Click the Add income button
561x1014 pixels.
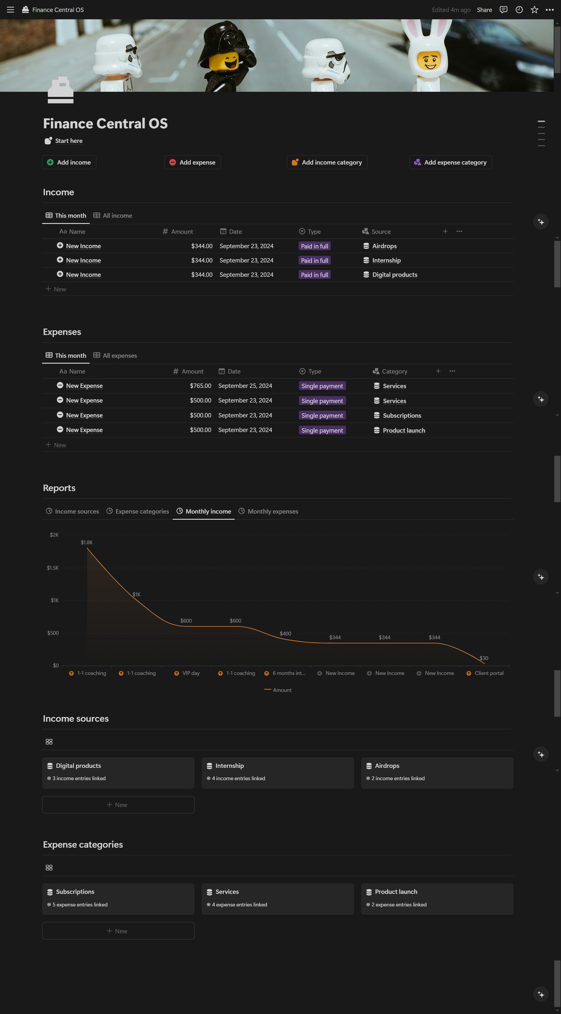click(x=69, y=162)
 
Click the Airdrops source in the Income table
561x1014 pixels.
click(x=384, y=246)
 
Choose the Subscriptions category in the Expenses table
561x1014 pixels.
click(x=402, y=416)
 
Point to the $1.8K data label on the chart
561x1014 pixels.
click(x=86, y=543)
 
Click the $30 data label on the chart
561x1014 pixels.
click(x=484, y=658)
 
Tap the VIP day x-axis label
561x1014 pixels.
click(x=191, y=673)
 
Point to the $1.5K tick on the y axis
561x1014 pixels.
click(x=53, y=568)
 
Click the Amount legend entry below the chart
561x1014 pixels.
click(x=282, y=690)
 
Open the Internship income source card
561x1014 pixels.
click(x=277, y=772)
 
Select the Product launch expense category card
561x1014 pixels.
click(x=437, y=898)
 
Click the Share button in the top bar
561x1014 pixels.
click(x=484, y=10)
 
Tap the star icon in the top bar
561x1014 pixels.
click(x=534, y=10)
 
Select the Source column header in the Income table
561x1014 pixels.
click(x=380, y=232)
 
